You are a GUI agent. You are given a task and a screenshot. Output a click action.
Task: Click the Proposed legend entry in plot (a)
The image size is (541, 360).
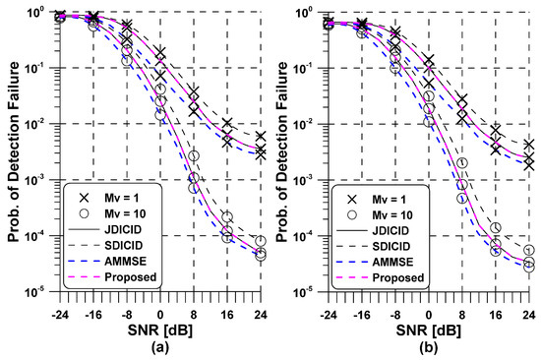click(x=112, y=277)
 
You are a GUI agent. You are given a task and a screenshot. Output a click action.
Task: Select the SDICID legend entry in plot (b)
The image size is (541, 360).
click(x=385, y=242)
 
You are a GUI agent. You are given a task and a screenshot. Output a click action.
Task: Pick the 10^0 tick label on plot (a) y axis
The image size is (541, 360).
click(x=41, y=13)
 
